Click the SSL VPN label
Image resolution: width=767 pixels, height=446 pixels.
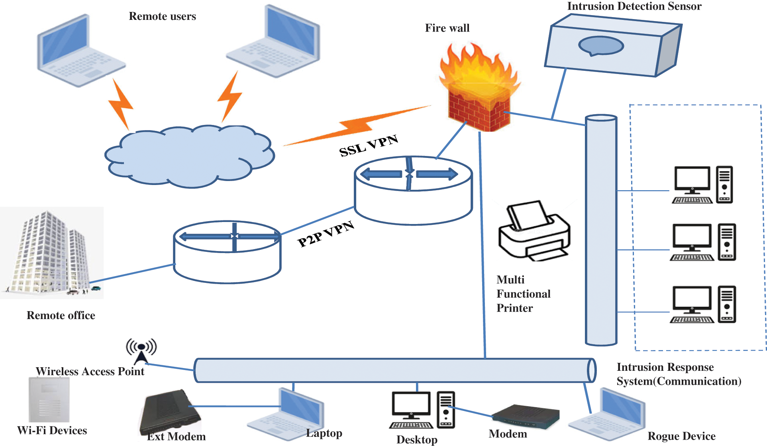click(x=369, y=146)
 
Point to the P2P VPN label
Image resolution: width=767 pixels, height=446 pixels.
click(x=326, y=234)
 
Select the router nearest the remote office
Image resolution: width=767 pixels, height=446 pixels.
click(x=227, y=251)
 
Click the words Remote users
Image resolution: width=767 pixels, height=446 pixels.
click(x=162, y=16)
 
